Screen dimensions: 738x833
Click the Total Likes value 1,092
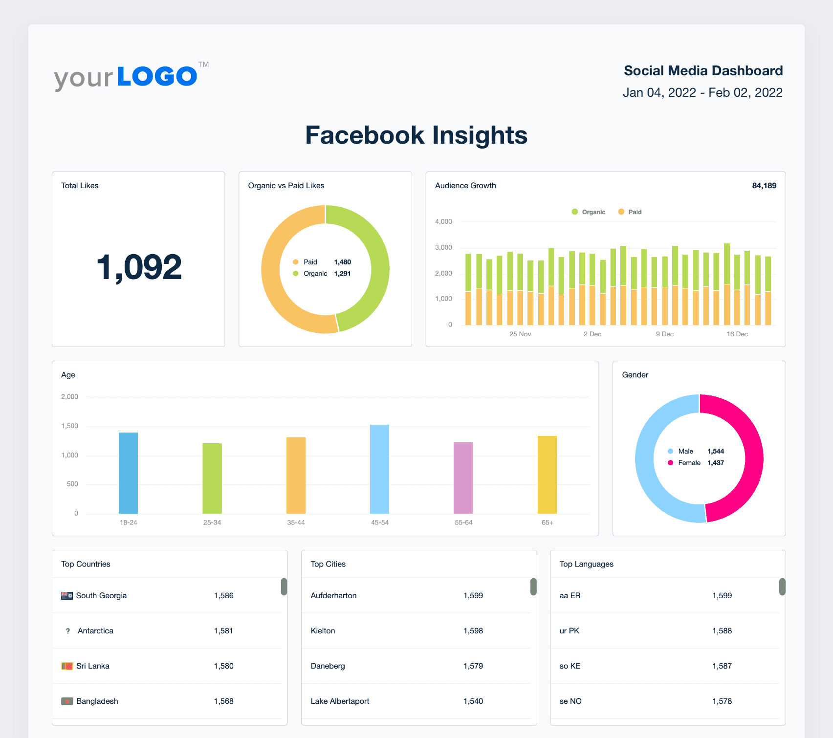coord(139,267)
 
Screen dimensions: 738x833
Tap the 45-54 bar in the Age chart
coord(379,469)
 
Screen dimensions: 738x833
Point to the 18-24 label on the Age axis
coord(128,522)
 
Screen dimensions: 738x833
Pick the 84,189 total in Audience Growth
coord(764,186)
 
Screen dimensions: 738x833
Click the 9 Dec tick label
coord(664,334)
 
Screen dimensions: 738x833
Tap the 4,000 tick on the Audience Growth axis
coord(443,222)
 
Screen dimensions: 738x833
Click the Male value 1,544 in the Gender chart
coord(715,451)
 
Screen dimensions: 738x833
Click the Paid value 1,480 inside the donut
coord(342,262)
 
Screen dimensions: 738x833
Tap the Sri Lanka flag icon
coord(67,666)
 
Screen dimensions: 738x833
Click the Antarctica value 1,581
coord(223,631)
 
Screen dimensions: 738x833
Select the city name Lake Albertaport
coord(340,701)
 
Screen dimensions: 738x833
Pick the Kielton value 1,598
coord(473,631)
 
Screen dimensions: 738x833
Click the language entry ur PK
coord(569,631)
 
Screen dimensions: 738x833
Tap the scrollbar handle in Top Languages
coord(782,586)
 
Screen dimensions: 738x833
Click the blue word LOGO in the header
coord(157,77)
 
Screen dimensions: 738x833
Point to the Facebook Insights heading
coord(416,135)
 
